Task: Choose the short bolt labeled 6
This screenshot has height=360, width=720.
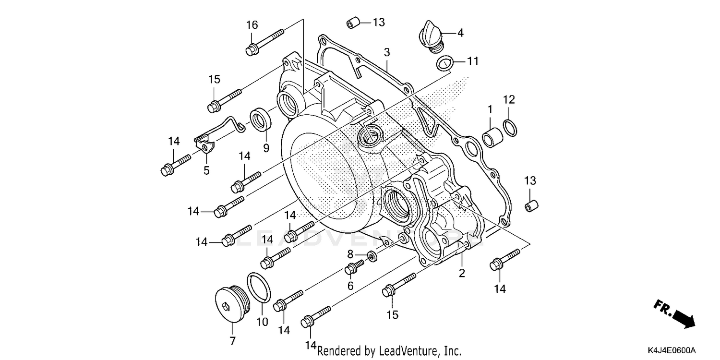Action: click(x=355, y=268)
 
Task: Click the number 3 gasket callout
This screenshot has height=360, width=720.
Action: click(x=386, y=52)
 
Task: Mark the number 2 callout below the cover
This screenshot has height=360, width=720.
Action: click(x=461, y=274)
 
